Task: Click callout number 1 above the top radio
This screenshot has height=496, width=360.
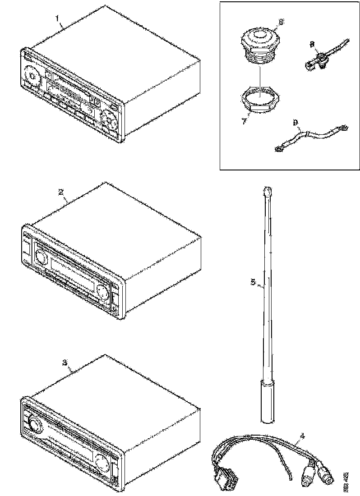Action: (x=57, y=18)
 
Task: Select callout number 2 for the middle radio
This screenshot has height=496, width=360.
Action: (x=60, y=191)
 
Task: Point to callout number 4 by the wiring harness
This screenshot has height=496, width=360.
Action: (x=302, y=436)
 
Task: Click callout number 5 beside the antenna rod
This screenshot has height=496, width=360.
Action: (x=254, y=282)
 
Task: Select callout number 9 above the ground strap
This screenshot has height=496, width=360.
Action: (x=295, y=122)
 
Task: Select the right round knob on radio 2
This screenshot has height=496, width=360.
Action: (x=103, y=291)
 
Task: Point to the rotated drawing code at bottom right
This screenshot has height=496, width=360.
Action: (x=346, y=480)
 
